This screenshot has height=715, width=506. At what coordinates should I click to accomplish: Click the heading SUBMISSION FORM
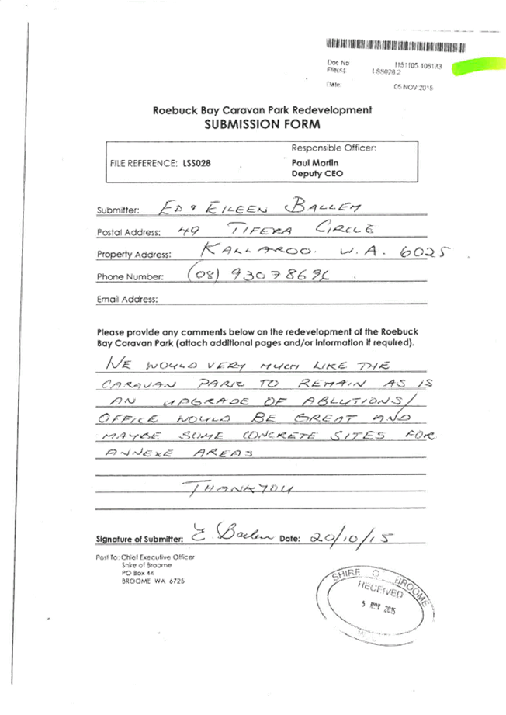click(x=262, y=124)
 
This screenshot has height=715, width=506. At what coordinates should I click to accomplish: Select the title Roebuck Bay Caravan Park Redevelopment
click(x=262, y=110)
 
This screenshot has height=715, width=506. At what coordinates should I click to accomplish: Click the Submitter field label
click(x=117, y=210)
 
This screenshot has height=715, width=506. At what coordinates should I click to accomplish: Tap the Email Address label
click(x=126, y=299)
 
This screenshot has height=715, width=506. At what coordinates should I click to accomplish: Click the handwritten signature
click(x=225, y=534)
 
